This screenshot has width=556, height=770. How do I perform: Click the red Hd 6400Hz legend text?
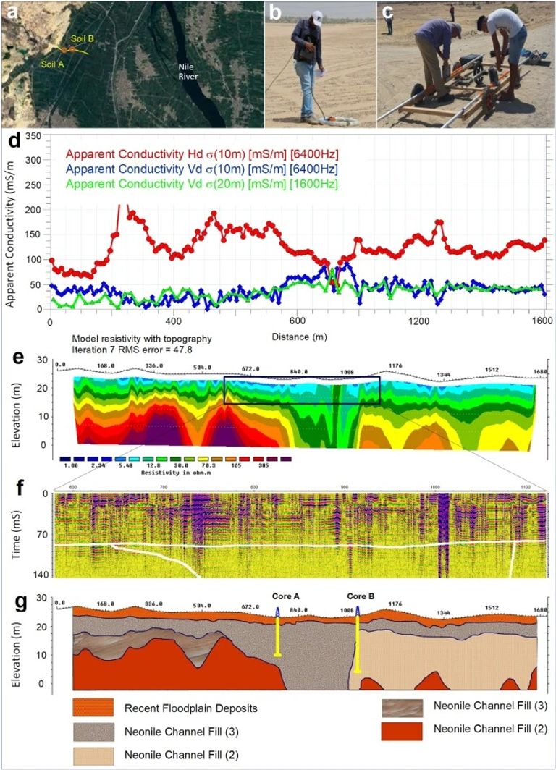[202, 153]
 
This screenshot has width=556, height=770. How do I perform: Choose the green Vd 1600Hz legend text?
[202, 185]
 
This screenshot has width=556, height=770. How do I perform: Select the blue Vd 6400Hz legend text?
[202, 169]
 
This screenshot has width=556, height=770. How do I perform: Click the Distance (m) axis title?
[296, 337]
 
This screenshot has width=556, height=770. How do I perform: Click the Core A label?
[287, 596]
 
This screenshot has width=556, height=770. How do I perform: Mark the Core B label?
[361, 596]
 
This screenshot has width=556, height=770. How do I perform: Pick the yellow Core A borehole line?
[278, 637]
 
